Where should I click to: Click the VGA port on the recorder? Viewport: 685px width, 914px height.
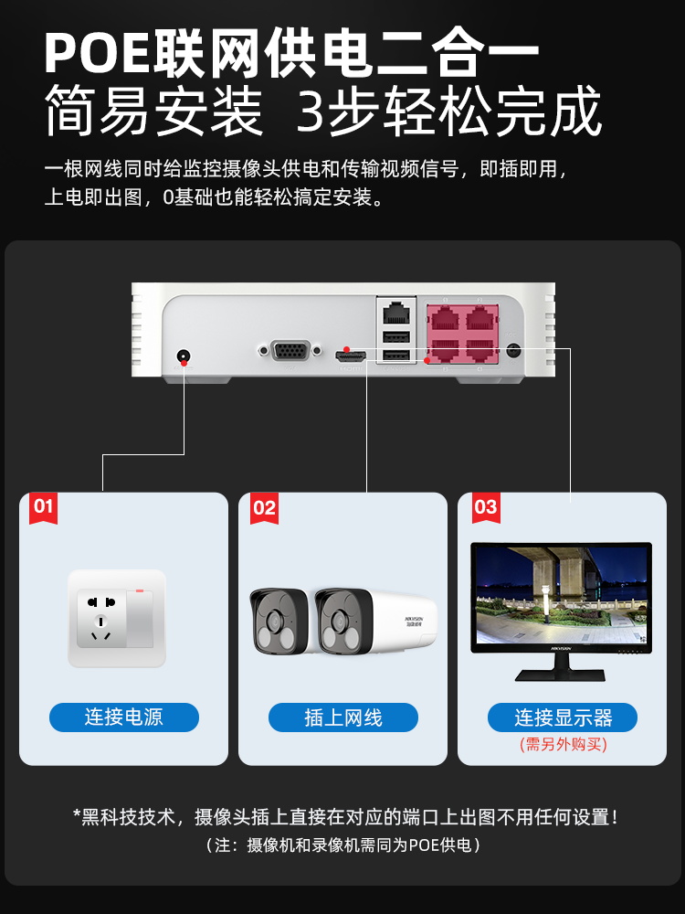click(290, 350)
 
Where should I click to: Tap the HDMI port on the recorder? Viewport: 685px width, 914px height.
click(350, 352)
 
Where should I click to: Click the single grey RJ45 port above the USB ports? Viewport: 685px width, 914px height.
click(395, 312)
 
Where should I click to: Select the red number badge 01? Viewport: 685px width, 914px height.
click(44, 508)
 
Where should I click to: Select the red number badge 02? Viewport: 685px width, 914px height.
click(263, 508)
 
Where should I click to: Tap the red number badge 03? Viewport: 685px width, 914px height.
click(486, 508)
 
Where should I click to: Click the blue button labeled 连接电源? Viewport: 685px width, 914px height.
click(123, 717)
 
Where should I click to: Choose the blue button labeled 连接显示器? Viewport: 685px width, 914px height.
click(562, 717)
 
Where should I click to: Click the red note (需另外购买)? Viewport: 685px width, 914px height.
click(562, 744)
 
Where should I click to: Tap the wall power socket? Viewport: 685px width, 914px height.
click(117, 618)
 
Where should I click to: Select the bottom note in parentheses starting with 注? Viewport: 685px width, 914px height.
click(342, 845)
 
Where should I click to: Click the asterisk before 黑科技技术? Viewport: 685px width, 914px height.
click(79, 815)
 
